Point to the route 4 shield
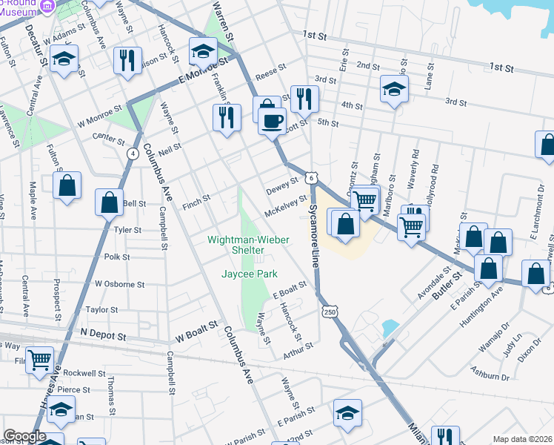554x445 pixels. (133, 154)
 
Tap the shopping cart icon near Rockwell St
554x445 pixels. (40, 360)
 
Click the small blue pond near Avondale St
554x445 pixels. (389, 327)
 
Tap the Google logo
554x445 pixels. (24, 436)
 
